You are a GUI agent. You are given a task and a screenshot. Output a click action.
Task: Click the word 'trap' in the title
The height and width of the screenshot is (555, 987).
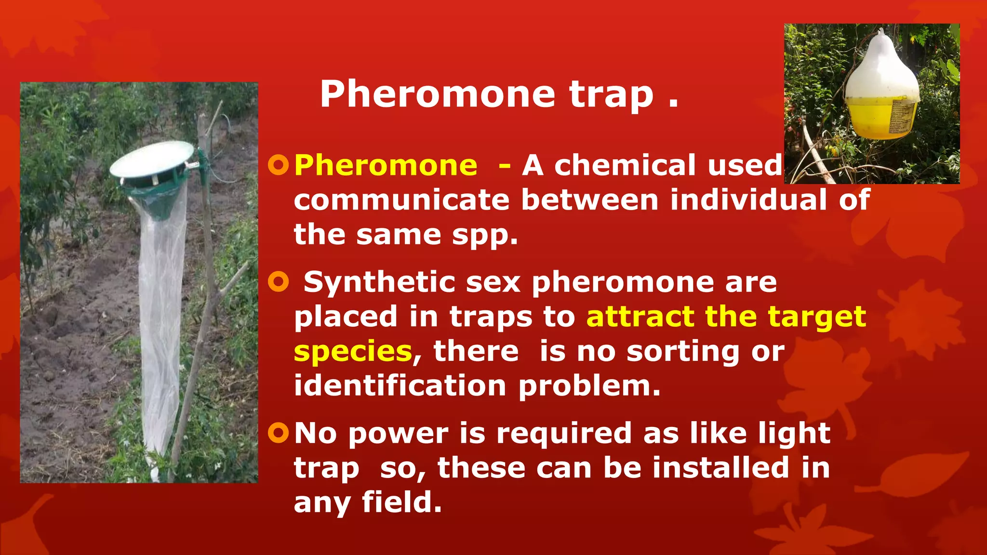click(611, 94)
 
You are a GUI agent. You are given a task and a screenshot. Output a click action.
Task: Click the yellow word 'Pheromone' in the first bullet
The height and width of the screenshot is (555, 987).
click(386, 166)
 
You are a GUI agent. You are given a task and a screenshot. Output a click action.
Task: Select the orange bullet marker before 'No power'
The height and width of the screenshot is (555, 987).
click(278, 433)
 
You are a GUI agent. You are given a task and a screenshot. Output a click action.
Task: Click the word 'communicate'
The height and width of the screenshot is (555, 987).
click(401, 200)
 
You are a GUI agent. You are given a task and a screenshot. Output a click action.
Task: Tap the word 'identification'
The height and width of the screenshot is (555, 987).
click(400, 386)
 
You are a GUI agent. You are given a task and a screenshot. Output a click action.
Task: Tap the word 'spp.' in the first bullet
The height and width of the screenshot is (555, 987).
click(484, 236)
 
